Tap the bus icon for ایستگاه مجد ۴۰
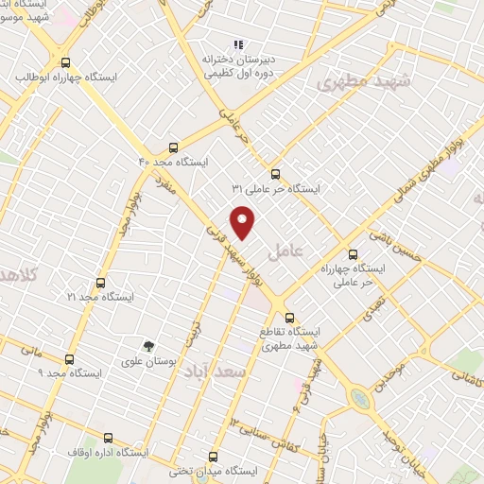point(172,147)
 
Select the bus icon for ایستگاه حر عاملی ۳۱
point(275,174)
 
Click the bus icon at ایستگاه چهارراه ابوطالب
point(63,61)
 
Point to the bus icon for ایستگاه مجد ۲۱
point(100,282)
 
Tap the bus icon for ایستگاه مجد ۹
point(69,359)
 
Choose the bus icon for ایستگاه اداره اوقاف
point(108,438)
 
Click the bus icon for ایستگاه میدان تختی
point(213,456)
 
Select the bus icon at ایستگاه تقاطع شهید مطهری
point(289,318)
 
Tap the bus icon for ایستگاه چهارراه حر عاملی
point(353,253)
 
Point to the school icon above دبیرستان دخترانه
point(238,43)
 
